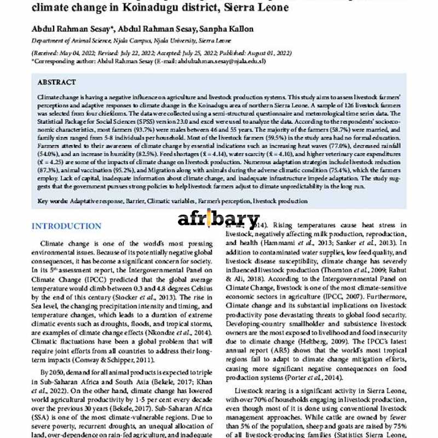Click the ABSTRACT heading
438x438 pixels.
tap(56, 82)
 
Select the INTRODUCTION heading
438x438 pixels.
tap(66, 226)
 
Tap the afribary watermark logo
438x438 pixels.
tap(218, 220)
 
